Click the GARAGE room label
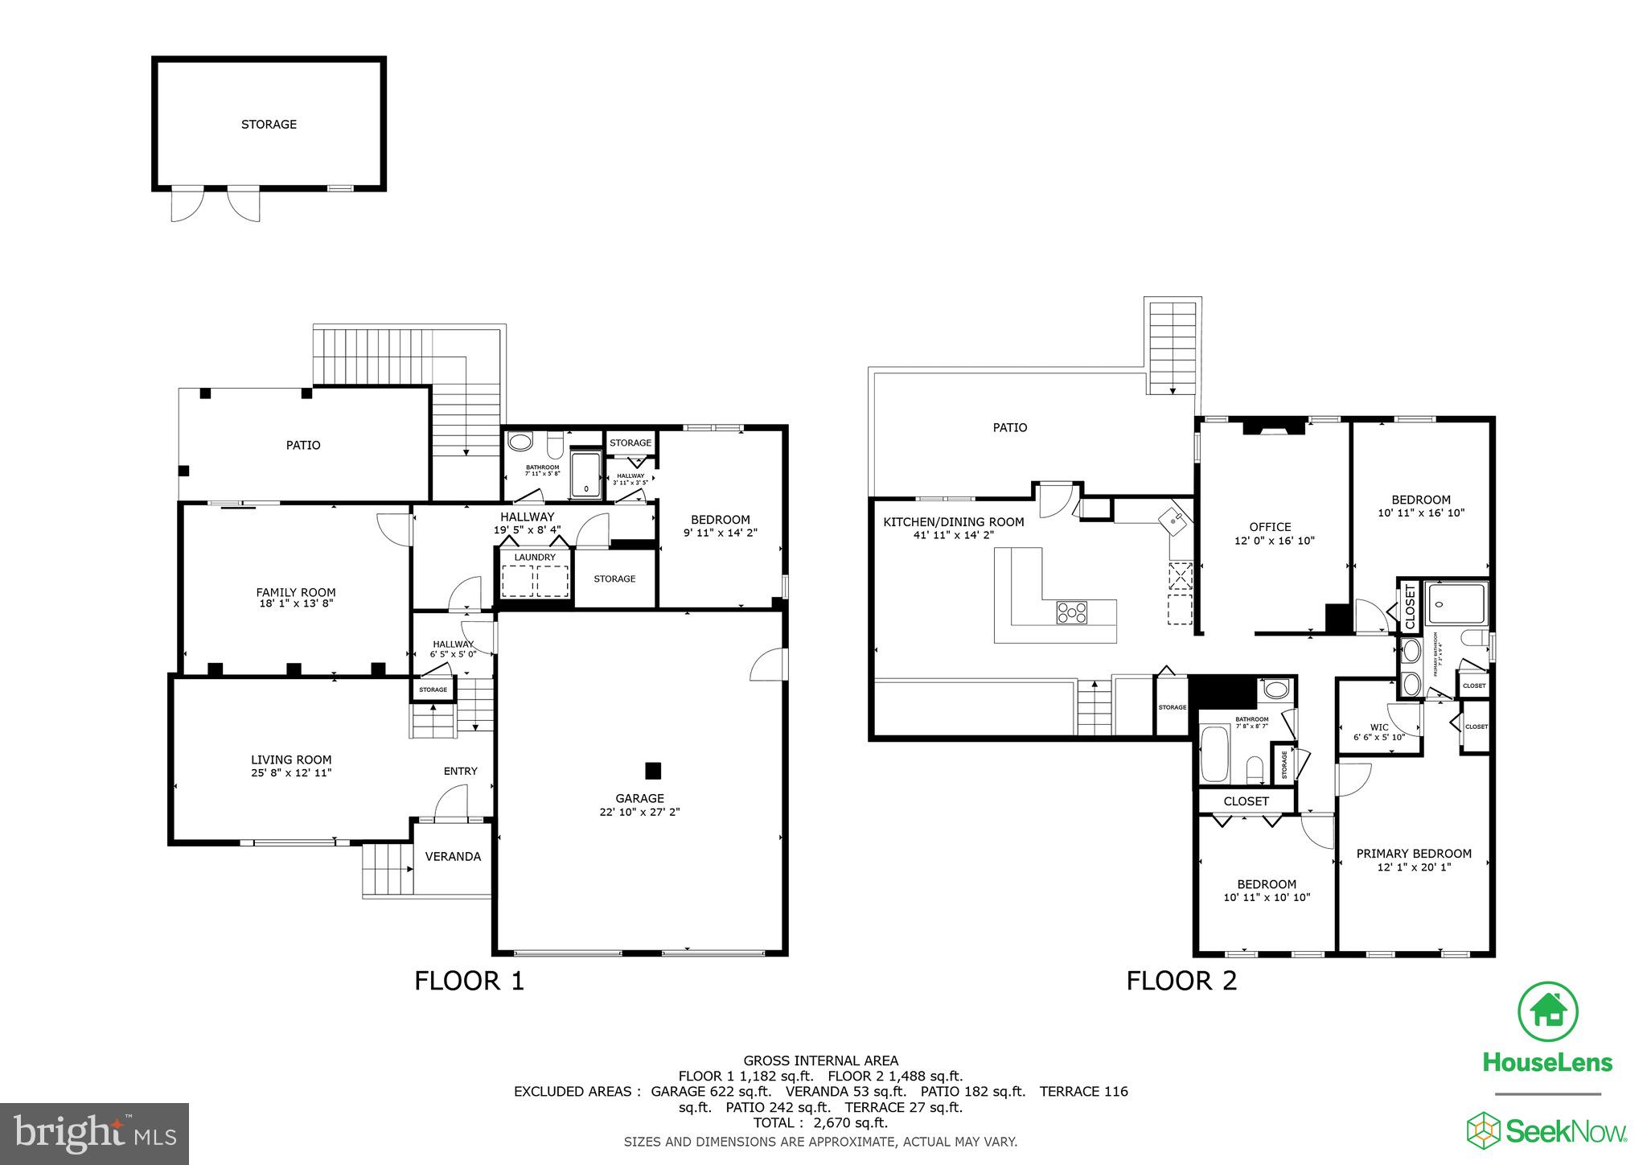click(639, 798)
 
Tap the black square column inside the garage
click(653, 771)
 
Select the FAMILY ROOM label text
click(295, 592)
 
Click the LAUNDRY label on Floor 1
click(535, 557)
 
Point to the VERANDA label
click(453, 856)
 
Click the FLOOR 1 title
click(469, 981)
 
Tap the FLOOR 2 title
click(1181, 981)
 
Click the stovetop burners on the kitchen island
click(1071, 613)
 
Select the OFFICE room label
click(1270, 527)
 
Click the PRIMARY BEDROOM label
click(1414, 854)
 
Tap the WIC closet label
click(1379, 727)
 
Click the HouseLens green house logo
click(1547, 1011)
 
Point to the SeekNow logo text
click(1565, 1133)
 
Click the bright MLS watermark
click(95, 1134)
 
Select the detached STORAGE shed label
click(269, 124)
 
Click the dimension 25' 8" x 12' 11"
click(291, 772)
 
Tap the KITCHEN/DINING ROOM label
click(953, 522)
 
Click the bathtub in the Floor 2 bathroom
click(1214, 754)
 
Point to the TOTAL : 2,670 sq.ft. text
click(820, 1122)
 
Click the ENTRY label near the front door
click(460, 771)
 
